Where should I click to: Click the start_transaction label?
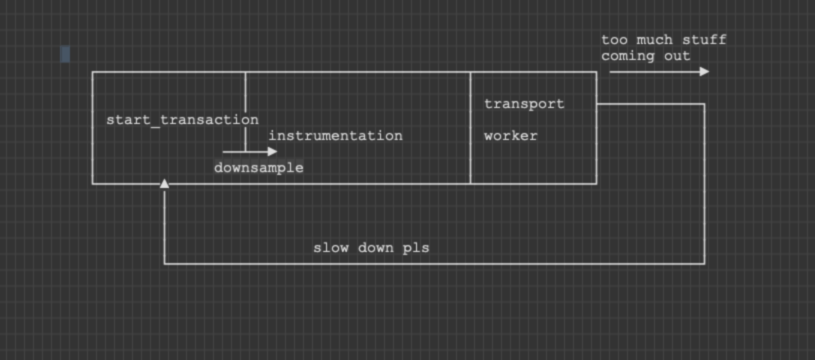(182, 120)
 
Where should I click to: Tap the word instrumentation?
(335, 136)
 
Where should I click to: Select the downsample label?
(258, 167)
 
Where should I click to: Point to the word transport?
(524, 104)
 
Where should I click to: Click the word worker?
(510, 136)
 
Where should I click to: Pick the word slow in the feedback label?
(330, 248)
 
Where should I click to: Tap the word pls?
(416, 248)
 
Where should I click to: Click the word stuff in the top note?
(704, 39)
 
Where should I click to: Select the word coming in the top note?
(627, 56)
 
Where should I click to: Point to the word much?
(654, 39)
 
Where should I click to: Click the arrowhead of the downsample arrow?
(272, 151)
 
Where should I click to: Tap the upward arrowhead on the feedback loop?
(164, 183)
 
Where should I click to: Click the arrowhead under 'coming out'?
(704, 71)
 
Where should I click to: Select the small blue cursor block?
(65, 54)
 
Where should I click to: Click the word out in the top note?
(677, 56)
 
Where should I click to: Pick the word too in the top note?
(614, 39)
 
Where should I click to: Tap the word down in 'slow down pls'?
(375, 248)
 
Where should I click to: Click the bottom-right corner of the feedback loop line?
(704, 263)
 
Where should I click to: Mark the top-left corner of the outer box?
(92, 72)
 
